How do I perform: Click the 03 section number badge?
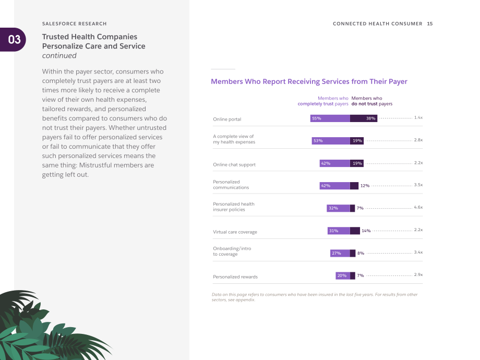[13, 40]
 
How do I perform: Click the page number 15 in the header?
[430, 23]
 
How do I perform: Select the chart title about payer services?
[309, 81]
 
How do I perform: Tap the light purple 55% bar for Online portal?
[330, 118]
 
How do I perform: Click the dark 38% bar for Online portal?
[364, 118]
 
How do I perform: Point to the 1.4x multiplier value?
[418, 117]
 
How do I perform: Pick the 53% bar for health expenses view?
[331, 141]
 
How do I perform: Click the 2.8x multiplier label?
[418, 140]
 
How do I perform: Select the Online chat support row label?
[234, 165]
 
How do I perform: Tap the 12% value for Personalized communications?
[365, 186]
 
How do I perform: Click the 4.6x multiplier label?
[418, 207]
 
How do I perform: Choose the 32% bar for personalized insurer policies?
[338, 208]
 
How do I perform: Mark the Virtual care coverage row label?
[235, 232]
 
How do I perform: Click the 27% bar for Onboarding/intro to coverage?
[340, 253]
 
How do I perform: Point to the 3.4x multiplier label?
[418, 252]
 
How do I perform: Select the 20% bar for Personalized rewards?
[343, 275]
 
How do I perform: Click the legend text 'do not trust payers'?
[372, 104]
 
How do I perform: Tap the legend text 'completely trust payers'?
[323, 104]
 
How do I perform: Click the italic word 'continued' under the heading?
[59, 56]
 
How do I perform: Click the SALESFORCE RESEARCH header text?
[75, 23]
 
